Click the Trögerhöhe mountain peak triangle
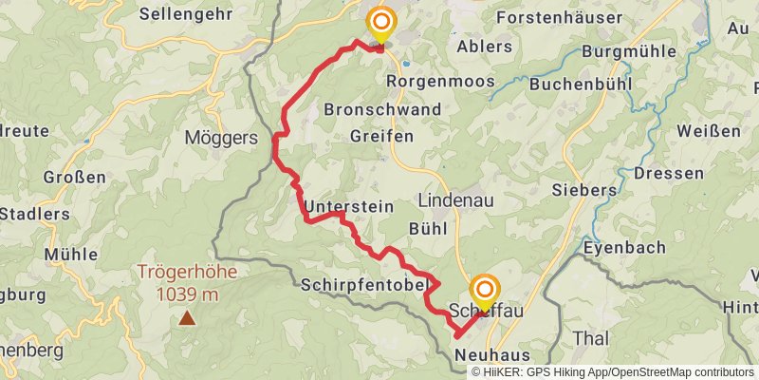coord(188,319)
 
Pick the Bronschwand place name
coord(382,109)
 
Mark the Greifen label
coord(381,137)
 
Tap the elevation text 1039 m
coord(188,294)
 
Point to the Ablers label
coord(484,46)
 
